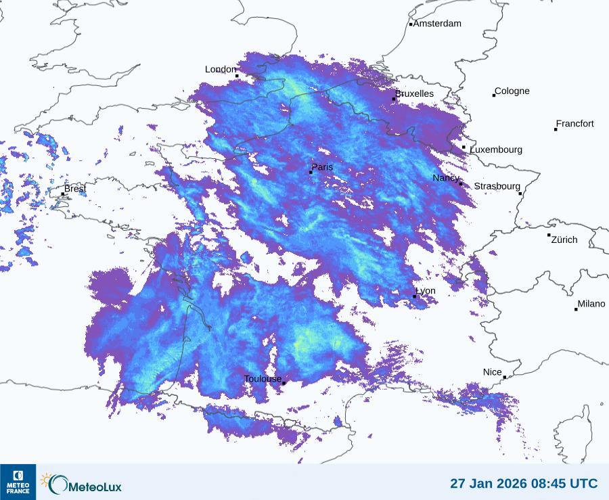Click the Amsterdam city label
437,24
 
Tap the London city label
221,70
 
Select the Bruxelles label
415,93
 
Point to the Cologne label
512,91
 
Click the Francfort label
575,124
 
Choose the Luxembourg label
496,150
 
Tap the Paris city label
322,167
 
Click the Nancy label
446,178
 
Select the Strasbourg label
497,186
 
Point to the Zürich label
564,240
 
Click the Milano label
591,304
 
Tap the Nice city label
493,372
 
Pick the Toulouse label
263,379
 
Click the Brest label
75,189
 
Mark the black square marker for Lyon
415,296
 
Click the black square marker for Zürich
549,235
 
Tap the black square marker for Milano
576,309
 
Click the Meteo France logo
18,482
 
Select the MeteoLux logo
82,484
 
